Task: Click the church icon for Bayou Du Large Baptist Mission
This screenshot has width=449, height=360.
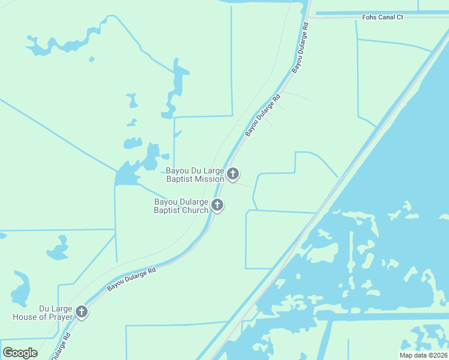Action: (x=232, y=175)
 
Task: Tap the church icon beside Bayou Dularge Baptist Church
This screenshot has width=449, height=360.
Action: (x=217, y=206)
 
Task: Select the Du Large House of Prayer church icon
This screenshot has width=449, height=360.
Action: (x=81, y=312)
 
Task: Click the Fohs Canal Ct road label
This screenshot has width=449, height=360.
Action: (x=382, y=17)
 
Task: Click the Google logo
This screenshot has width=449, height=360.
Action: (x=20, y=353)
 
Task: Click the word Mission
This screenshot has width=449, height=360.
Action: (x=209, y=179)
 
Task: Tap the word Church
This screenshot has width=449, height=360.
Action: (x=194, y=210)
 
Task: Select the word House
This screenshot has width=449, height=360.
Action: (x=25, y=316)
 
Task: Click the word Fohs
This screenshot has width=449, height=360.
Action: (x=369, y=17)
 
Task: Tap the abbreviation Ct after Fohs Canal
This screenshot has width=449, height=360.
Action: (x=400, y=17)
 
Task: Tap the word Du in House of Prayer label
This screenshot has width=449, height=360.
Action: (x=44, y=308)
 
